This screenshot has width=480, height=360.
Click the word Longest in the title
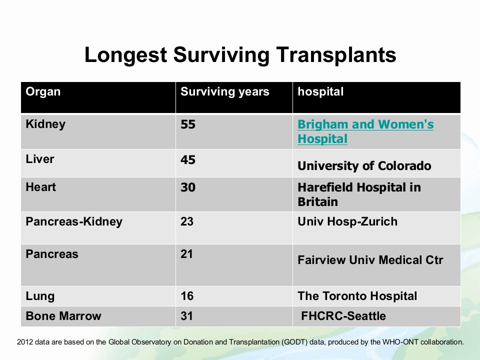click(125, 55)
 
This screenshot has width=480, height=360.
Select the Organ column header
click(43, 92)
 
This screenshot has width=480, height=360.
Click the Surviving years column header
click(224, 91)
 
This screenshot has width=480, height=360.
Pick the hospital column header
click(320, 91)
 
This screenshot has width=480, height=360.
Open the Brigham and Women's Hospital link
click(365, 131)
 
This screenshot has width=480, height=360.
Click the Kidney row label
click(45, 124)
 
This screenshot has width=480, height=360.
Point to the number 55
click(188, 124)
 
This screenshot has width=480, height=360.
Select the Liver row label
click(40, 159)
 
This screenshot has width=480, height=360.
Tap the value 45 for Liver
click(188, 160)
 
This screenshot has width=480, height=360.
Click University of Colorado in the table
click(364, 166)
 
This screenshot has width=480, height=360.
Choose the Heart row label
click(40, 187)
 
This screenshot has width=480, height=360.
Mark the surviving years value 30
click(188, 187)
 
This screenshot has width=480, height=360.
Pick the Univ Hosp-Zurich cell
click(347, 221)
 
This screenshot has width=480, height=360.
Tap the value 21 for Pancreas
click(186, 254)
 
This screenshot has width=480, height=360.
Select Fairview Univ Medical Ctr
click(370, 260)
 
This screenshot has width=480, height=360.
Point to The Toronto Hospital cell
click(357, 296)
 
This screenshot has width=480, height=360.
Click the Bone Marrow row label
click(63, 316)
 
